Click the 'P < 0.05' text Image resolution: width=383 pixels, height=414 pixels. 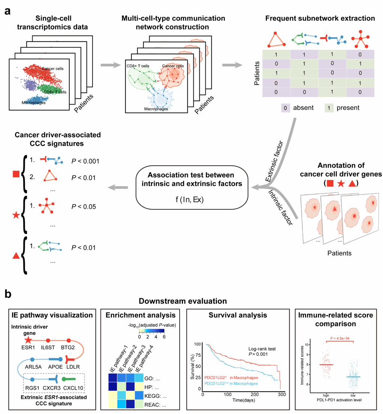(x=83, y=206)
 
